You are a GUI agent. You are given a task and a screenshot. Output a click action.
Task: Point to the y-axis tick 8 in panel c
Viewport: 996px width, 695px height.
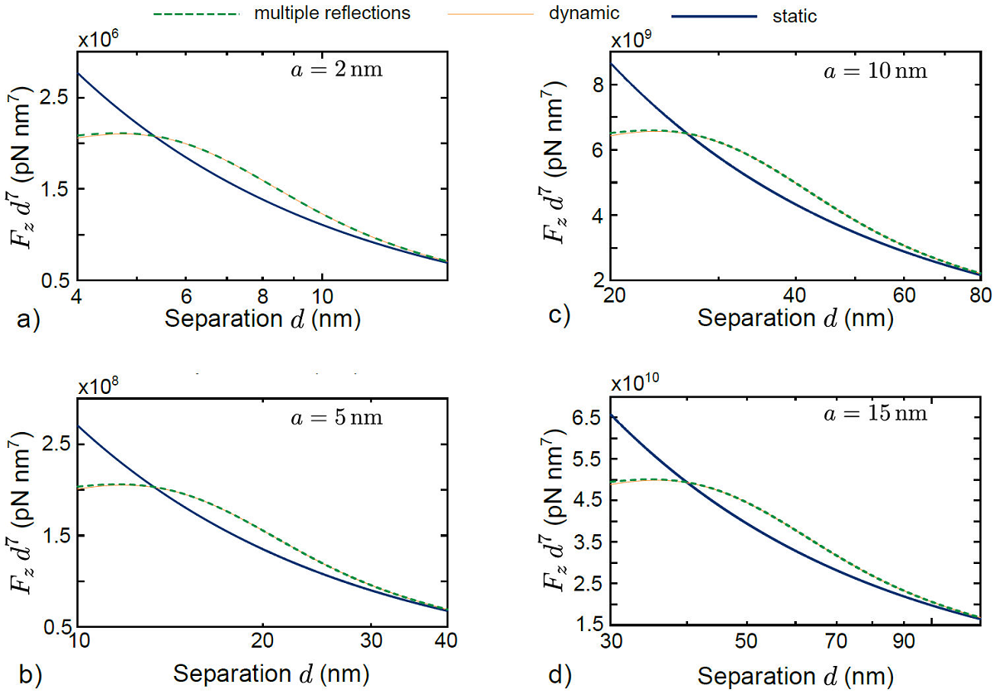593,85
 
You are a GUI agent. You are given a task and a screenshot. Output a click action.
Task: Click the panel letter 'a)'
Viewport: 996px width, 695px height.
29,318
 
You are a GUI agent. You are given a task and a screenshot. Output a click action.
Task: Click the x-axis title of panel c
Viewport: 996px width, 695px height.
795,318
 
